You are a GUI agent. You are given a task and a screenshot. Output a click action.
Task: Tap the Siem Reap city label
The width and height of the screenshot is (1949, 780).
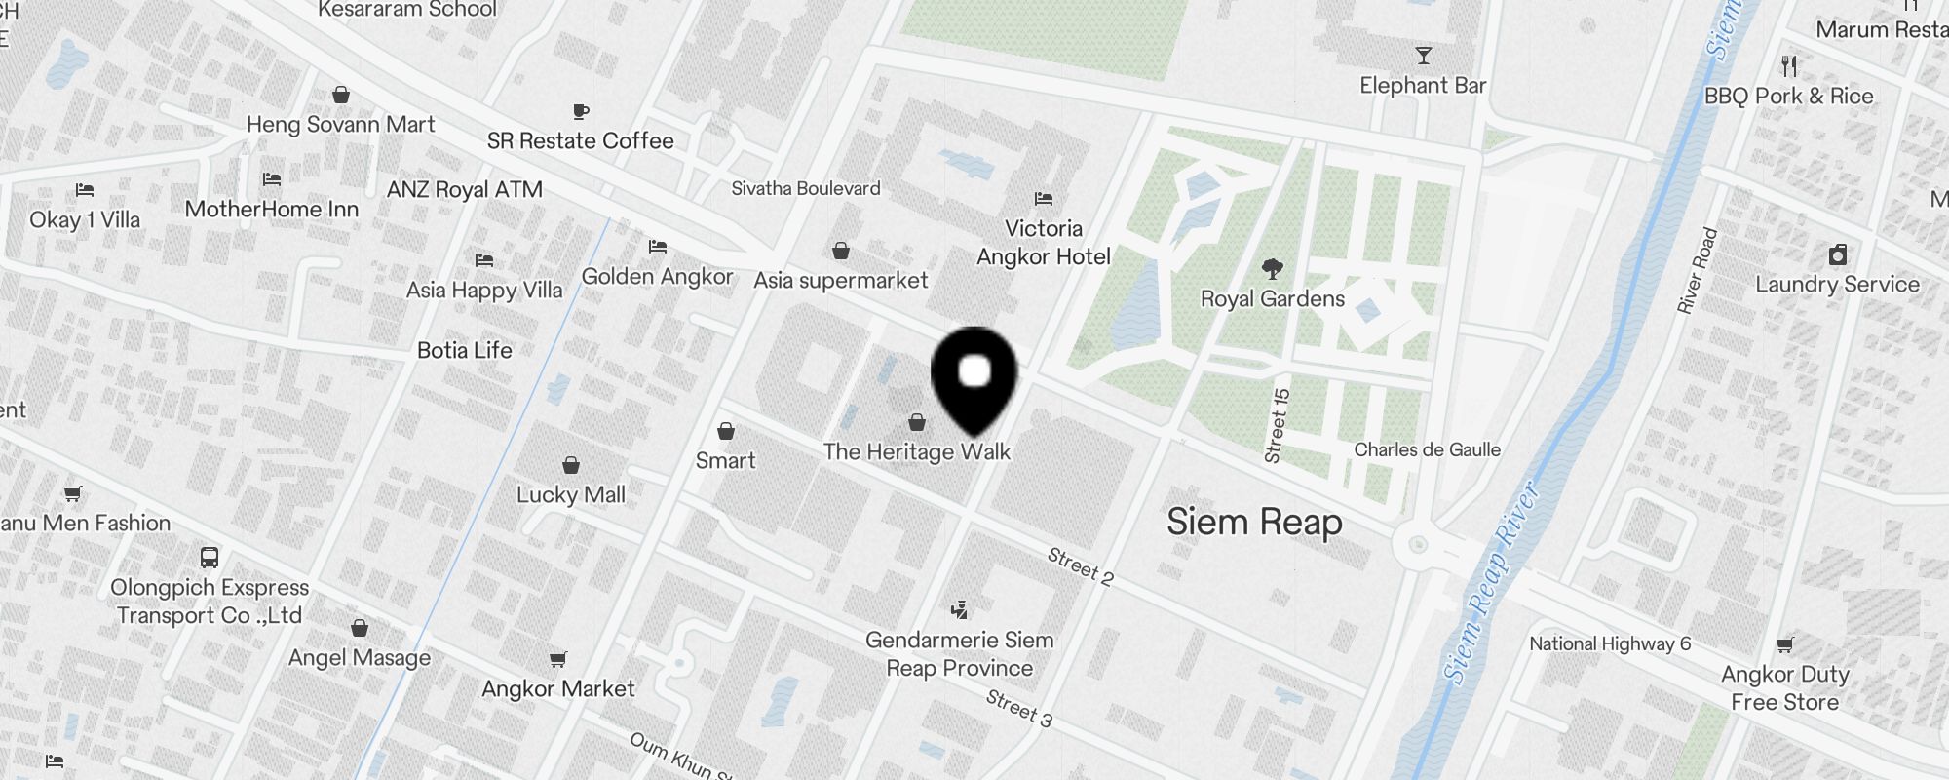tap(1254, 523)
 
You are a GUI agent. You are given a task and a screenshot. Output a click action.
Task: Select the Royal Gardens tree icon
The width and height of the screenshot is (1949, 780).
tap(1272, 268)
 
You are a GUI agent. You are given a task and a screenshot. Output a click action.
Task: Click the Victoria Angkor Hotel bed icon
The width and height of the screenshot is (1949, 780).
tap(1044, 199)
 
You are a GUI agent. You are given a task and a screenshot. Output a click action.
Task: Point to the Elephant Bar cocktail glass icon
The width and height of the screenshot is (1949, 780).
tap(1424, 56)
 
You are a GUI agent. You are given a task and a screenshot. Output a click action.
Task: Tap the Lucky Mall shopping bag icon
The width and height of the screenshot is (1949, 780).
tap(571, 465)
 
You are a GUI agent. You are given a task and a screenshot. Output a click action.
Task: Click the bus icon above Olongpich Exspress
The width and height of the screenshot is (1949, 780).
tap(210, 558)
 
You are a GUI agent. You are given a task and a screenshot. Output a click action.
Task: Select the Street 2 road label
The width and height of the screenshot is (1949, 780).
tap(1080, 565)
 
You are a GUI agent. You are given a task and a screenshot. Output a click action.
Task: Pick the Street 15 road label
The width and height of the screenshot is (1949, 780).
tap(1277, 425)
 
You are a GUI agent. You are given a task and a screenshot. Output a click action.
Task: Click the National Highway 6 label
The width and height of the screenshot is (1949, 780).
tap(1610, 643)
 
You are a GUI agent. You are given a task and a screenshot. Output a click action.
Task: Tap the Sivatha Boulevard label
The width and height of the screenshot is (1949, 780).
tap(806, 188)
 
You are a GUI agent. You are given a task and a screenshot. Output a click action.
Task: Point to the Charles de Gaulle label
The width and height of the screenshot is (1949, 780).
tap(1427, 449)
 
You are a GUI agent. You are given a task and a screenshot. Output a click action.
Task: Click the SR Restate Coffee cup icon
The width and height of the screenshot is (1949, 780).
tap(581, 111)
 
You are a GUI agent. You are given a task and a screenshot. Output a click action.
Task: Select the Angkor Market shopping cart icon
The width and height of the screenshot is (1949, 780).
tap(557, 660)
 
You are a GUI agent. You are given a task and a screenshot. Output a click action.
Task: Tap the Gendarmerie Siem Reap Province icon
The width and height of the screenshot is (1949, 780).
tap(960, 610)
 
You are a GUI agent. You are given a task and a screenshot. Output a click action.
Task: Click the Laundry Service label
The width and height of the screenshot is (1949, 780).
tap(1837, 285)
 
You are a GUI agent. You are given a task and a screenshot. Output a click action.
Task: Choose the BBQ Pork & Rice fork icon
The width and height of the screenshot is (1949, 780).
tap(1788, 66)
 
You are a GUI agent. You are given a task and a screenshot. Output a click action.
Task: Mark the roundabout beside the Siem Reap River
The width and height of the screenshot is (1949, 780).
tap(1418, 545)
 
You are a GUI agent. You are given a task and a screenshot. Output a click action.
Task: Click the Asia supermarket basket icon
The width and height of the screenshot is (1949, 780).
tap(841, 252)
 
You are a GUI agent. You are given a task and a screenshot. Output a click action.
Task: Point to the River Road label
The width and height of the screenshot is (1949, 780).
tap(1697, 271)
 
